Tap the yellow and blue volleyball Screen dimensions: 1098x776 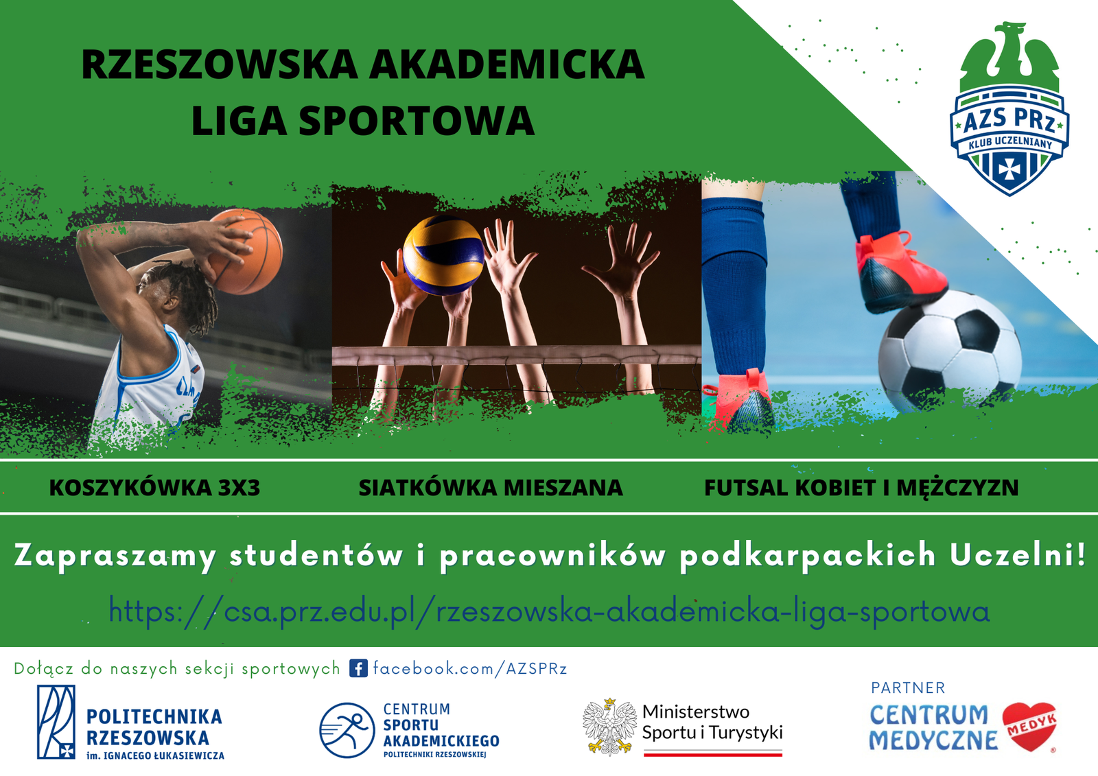coord(443,255)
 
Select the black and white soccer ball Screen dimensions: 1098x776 coord(950,351)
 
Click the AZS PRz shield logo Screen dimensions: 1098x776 coord(1009,108)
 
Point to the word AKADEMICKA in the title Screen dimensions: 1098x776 coord(507,64)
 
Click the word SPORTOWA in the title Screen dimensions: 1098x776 coord(417,121)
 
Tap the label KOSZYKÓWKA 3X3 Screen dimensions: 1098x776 coord(154,487)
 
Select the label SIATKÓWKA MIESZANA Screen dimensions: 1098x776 coord(491,487)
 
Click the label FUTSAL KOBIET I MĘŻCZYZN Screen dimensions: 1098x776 coord(861,487)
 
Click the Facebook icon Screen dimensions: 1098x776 coord(358,668)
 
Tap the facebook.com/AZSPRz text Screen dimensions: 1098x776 coord(469,668)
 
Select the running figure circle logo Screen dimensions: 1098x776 coord(347,731)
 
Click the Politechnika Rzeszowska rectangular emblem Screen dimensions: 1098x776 coord(56,722)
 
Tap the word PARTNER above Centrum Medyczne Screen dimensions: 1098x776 coord(908,687)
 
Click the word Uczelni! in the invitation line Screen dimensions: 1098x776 coord(1018,554)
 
